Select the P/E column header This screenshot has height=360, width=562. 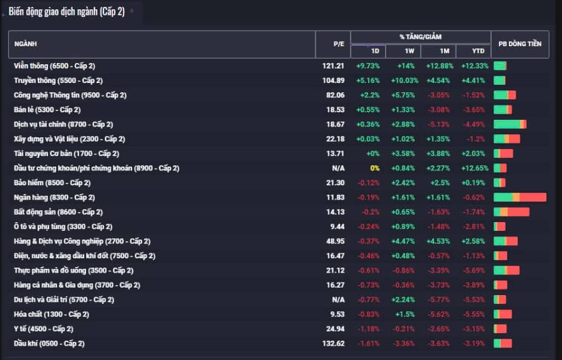[339, 44]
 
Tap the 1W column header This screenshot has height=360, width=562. [409, 51]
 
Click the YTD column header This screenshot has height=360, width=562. [478, 51]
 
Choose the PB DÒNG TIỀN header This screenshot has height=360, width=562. [520, 44]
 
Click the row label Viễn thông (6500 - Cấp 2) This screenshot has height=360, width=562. [54, 66]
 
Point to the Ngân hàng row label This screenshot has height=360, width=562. [54, 198]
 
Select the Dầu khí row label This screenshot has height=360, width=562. [49, 344]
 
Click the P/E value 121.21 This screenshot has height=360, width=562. [333, 66]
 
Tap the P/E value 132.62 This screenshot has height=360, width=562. [333, 344]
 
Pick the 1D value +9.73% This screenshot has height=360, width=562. [368, 66]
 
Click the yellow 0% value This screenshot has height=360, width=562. [374, 168]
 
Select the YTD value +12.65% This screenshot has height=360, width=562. [475, 168]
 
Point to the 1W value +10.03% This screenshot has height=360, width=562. [404, 80]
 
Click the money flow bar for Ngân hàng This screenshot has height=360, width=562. [520, 197]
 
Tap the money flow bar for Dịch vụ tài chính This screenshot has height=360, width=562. [510, 124]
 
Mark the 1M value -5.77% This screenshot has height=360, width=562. [438, 299]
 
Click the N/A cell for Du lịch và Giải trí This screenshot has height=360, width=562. [338, 299]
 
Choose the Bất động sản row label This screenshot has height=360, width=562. [59, 212]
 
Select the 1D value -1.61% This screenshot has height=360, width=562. [369, 344]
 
